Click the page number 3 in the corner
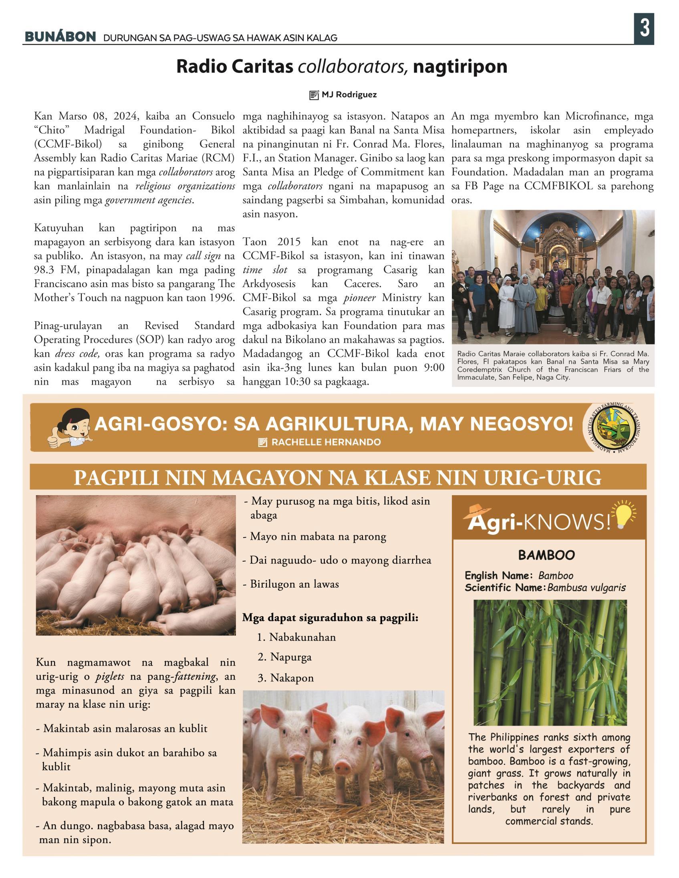(x=644, y=28)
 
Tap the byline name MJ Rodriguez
(x=349, y=95)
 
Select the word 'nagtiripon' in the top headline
(x=460, y=66)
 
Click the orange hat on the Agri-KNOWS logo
(x=478, y=510)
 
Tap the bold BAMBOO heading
(x=546, y=555)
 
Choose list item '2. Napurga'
(x=284, y=657)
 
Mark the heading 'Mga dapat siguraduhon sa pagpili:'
(x=330, y=617)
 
